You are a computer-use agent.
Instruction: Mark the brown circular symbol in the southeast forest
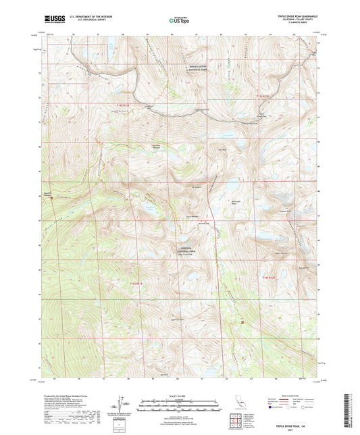tap(242, 323)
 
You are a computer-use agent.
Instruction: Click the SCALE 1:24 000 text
tap(179, 395)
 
